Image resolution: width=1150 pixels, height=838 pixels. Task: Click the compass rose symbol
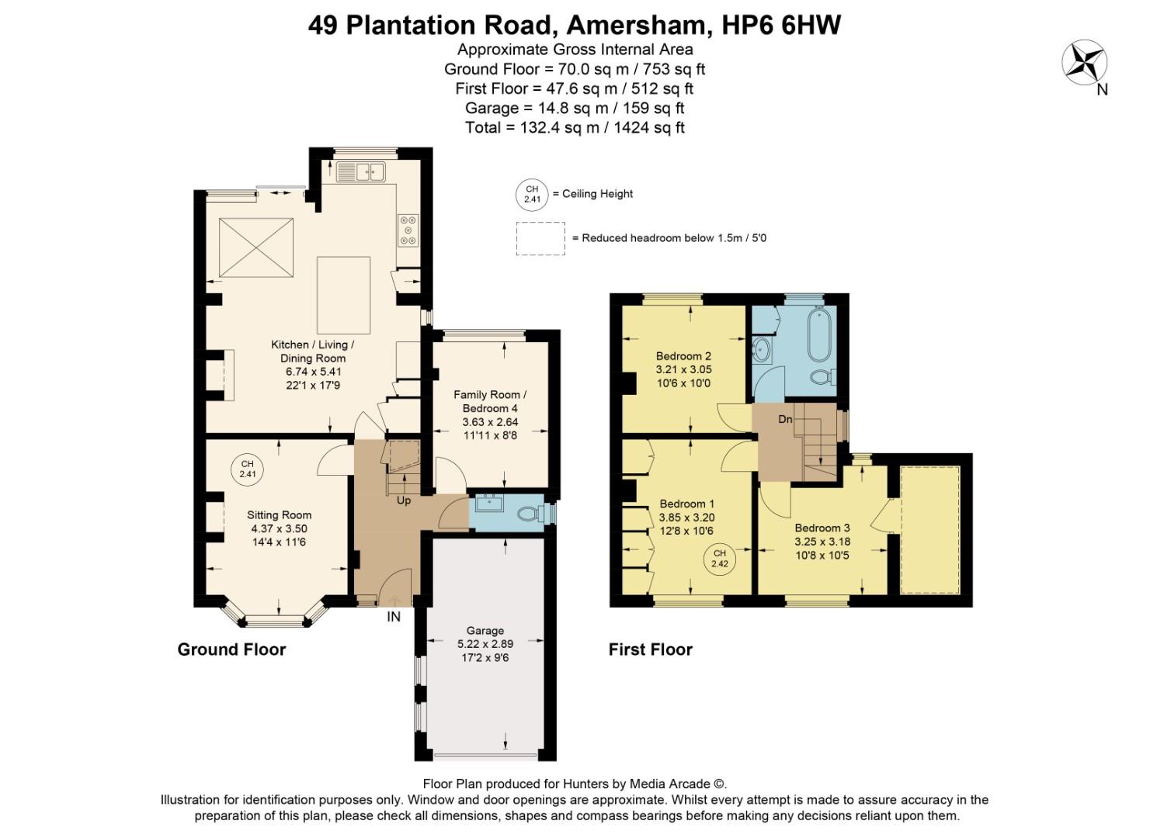pos(1084,63)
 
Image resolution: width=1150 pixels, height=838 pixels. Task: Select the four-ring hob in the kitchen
pos(408,230)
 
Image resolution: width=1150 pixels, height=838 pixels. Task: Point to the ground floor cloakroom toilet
pos(532,514)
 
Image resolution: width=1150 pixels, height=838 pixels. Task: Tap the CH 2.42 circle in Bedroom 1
pos(720,559)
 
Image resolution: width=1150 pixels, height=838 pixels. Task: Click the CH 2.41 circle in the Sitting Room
pos(247,469)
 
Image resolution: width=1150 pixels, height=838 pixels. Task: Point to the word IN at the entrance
pos(394,617)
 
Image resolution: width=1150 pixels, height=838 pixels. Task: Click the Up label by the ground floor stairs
pos(404,500)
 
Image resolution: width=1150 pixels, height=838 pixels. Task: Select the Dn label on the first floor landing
pos(785,419)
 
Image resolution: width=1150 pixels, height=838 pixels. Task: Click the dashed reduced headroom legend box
pos(540,238)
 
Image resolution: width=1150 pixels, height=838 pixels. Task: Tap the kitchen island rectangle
pos(343,296)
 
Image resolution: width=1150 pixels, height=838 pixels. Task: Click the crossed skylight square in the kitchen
pos(256,247)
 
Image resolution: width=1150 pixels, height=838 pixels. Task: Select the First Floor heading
pos(650,649)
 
